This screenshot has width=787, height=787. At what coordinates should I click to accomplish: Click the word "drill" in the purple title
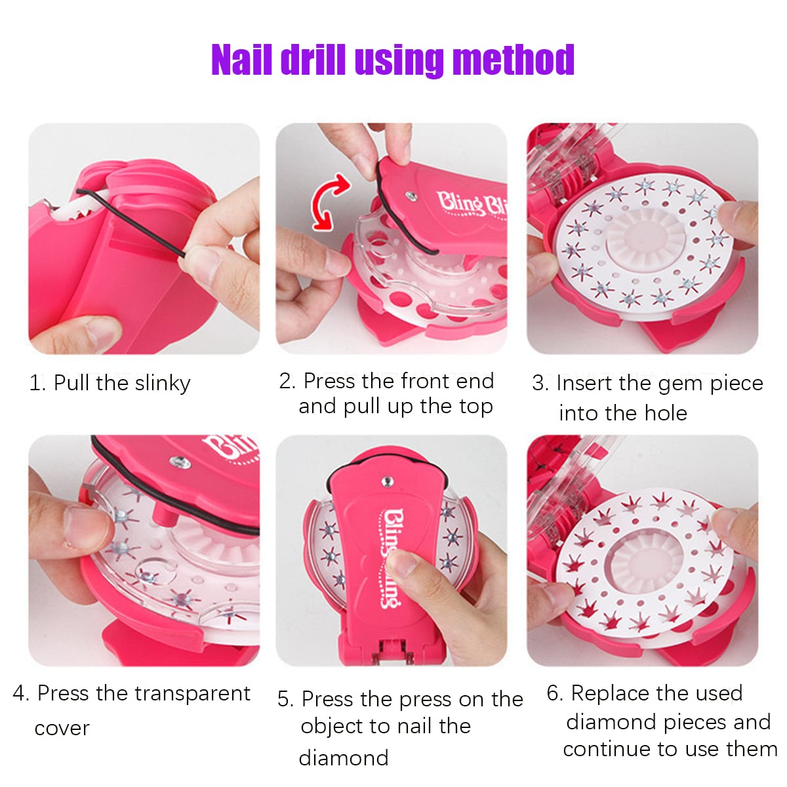(x=313, y=60)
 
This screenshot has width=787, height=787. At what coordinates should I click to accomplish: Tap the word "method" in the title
(x=514, y=60)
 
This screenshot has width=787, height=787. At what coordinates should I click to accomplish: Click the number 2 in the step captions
(x=287, y=382)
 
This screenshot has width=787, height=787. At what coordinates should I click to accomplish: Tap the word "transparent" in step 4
(x=192, y=693)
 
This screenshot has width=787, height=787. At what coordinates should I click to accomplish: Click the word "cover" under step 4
(x=62, y=729)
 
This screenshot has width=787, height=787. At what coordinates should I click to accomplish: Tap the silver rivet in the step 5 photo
(x=387, y=482)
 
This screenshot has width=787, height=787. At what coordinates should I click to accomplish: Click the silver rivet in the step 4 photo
(x=180, y=462)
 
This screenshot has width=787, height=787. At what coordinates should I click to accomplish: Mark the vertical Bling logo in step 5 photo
(x=391, y=559)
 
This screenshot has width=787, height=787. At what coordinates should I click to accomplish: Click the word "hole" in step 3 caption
(x=666, y=413)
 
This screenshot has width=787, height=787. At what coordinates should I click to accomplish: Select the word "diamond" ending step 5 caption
(x=344, y=758)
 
